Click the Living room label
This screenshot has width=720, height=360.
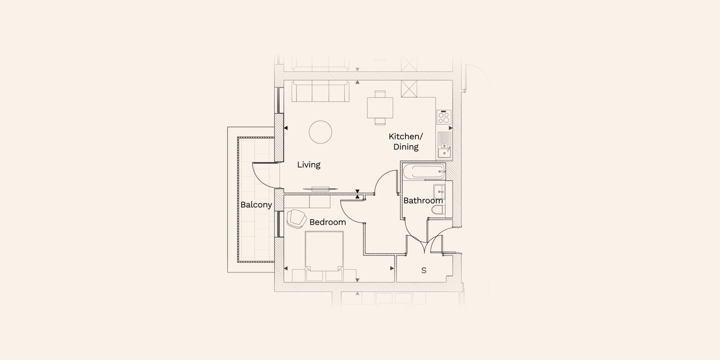point(309,165)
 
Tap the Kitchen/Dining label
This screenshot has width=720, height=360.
point(406,141)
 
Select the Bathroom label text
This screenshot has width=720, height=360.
point(423,201)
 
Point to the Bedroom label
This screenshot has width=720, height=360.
point(328,222)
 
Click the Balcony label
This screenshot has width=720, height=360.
point(256,205)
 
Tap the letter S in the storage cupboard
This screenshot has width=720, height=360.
point(424,270)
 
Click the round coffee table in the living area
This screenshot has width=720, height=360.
point(320,132)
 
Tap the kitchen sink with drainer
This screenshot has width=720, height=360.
point(445,145)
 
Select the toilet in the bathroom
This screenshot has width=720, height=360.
point(438,210)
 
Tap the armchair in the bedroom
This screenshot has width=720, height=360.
point(296,219)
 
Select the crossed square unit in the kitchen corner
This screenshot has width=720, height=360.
point(409,89)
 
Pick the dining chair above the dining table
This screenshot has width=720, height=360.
point(380,94)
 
